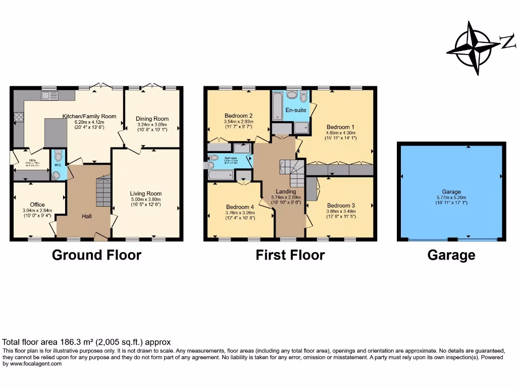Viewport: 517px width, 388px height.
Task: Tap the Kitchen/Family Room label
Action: pos(89,116)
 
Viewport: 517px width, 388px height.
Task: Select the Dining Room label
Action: pos(152,119)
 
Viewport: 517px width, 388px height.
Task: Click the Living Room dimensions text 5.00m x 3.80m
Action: pos(145,199)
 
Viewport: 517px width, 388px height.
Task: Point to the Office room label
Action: pos(37,205)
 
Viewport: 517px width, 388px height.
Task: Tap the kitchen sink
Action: pos(50,95)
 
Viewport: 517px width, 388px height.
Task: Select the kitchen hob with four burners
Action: pos(19,118)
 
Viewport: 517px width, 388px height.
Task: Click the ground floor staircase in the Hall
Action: pos(103,192)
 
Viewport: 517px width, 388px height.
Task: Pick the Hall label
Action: pos(87,216)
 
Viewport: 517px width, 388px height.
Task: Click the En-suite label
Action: pos(296,110)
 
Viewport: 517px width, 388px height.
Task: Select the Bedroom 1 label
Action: pos(340,127)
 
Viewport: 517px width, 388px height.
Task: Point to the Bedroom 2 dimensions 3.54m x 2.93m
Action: pos(238,122)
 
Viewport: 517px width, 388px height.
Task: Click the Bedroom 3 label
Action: pos(341,206)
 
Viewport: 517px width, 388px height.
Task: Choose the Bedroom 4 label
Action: pos(240,207)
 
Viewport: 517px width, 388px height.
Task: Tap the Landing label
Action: pos(286,191)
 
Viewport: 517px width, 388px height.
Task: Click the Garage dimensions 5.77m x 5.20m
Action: pos(451,198)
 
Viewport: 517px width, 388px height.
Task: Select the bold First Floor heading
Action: pos(290,255)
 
